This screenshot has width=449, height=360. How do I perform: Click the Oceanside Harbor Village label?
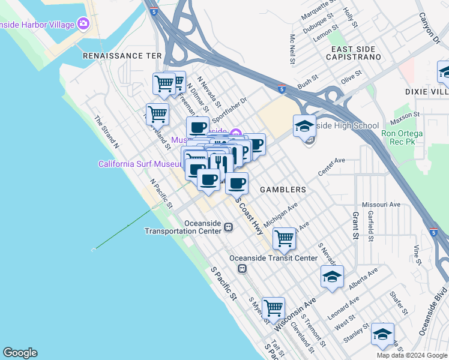click(37, 25)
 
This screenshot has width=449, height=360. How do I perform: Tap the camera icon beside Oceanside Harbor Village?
click(83, 25)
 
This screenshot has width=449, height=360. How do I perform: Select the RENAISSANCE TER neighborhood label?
click(122, 55)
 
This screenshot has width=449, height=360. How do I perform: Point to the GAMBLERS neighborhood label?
click(283, 189)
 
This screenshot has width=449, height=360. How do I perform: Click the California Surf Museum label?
click(140, 164)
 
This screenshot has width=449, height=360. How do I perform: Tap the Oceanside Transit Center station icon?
click(243, 269)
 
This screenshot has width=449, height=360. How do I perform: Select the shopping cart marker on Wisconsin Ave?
click(273, 308)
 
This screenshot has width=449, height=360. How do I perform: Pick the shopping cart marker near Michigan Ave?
click(284, 238)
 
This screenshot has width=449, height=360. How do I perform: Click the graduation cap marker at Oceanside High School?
click(304, 126)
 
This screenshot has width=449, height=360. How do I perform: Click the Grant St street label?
click(355, 224)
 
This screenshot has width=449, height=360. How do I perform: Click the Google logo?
click(20, 353)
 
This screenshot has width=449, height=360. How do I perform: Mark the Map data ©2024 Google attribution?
click(411, 355)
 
